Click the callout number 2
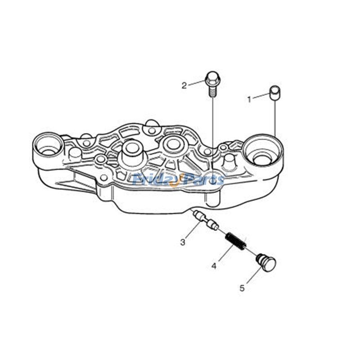point(184,85)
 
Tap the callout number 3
point(183,242)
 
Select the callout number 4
point(214,266)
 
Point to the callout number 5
point(242,288)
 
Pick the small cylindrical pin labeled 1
point(274,92)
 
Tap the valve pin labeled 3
point(205,219)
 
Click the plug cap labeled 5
point(266,262)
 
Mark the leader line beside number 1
point(261,96)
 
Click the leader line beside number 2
point(196,83)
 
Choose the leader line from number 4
point(222,256)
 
